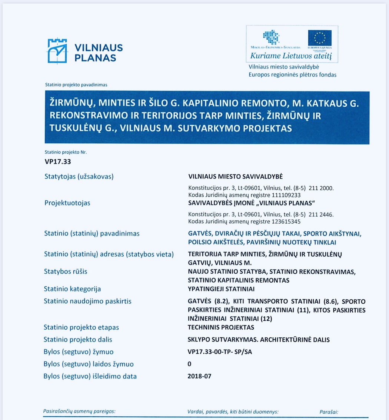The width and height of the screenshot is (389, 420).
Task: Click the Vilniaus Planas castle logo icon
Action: [x=57, y=51]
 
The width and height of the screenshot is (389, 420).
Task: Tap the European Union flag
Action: [x=320, y=38]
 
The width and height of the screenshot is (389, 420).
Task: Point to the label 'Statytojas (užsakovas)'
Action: [x=79, y=176]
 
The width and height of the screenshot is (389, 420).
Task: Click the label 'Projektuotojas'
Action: [x=67, y=203]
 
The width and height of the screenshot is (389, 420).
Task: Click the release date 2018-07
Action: [x=200, y=376]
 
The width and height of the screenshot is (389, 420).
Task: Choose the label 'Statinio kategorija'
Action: [x=72, y=289]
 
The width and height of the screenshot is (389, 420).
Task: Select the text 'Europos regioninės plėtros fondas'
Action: [x=293, y=75]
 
